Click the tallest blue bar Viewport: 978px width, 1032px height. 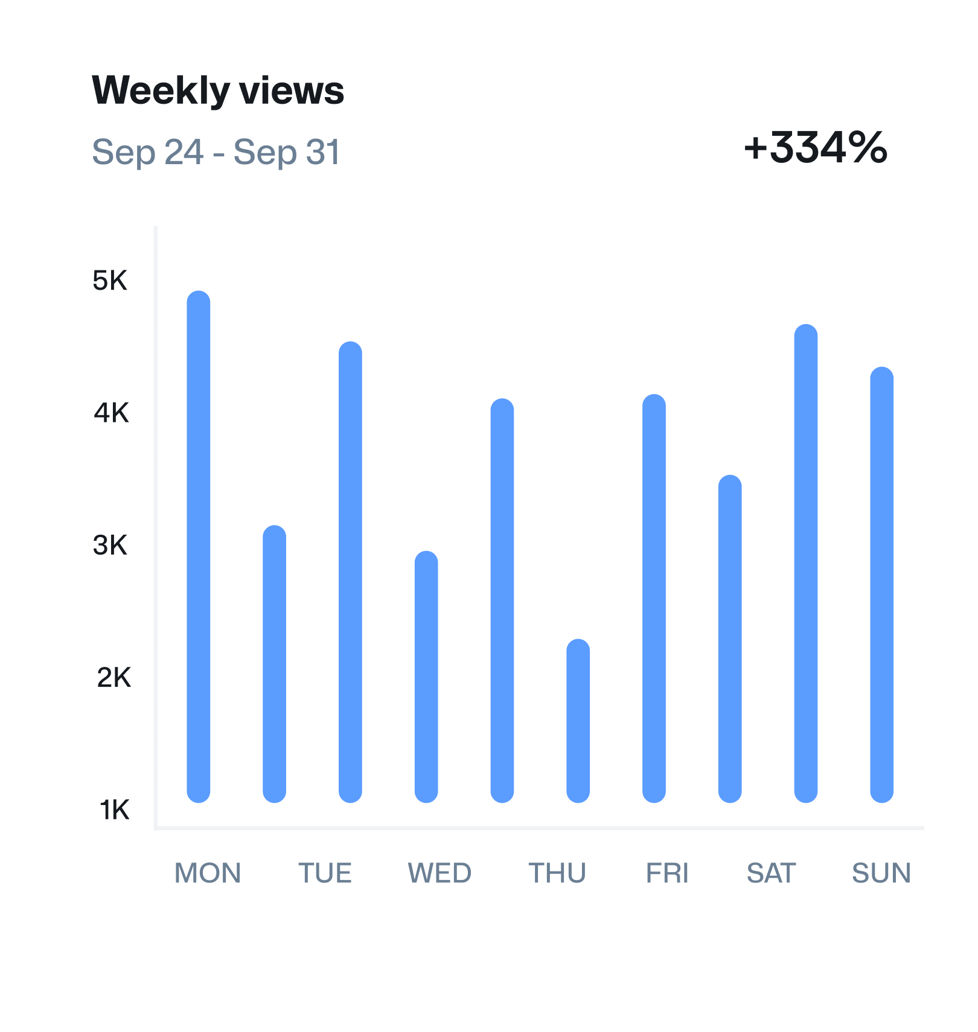pos(199,546)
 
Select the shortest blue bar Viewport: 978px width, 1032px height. pos(578,721)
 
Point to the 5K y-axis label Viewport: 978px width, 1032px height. pos(110,281)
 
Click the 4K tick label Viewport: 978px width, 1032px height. pos(111,413)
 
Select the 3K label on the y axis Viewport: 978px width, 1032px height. pos(110,545)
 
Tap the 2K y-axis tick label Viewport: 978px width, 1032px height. pos(113,678)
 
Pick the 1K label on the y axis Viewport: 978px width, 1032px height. pos(114,810)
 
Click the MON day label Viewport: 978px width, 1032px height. pos(208,873)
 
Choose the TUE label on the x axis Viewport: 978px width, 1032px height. pos(325,873)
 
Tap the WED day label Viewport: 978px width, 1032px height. pos(439,873)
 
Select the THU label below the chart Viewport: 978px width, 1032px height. pos(557,873)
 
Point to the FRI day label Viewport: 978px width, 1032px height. pos(667,873)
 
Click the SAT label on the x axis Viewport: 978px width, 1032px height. pos(771,873)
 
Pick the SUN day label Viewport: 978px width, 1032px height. pos(881,873)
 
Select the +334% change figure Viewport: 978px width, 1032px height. pos(816,147)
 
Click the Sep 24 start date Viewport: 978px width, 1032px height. pos(148,152)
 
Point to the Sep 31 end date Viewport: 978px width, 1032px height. pos(287,152)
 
